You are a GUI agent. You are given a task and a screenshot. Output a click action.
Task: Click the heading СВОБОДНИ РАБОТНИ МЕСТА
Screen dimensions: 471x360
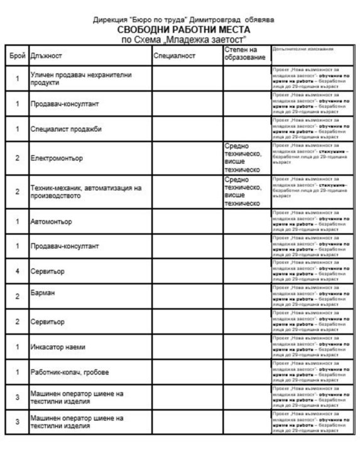point(183,30)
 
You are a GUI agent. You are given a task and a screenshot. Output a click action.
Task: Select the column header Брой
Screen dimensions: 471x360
point(17,57)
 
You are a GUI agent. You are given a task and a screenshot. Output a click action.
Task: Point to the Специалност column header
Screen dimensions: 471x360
point(175,57)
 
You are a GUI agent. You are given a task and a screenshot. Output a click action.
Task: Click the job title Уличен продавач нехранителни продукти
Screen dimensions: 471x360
point(81,78)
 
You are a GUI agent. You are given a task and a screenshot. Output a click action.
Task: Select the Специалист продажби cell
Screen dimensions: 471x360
point(66,129)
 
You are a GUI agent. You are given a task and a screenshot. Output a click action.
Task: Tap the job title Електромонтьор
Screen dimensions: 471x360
point(57,158)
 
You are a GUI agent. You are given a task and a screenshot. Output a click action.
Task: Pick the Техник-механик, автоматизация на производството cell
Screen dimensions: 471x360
point(87,192)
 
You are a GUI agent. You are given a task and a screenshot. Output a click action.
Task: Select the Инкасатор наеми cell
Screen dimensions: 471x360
point(58,347)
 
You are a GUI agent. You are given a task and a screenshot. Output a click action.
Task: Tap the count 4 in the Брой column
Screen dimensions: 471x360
point(17,270)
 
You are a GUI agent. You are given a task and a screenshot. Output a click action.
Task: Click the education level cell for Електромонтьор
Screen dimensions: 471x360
point(243,158)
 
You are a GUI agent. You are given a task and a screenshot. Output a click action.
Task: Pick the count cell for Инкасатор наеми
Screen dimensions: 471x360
point(17,347)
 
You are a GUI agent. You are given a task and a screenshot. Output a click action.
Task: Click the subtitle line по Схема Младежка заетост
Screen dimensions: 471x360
point(183,39)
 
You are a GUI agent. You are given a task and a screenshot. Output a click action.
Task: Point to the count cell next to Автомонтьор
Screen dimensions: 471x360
point(17,222)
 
